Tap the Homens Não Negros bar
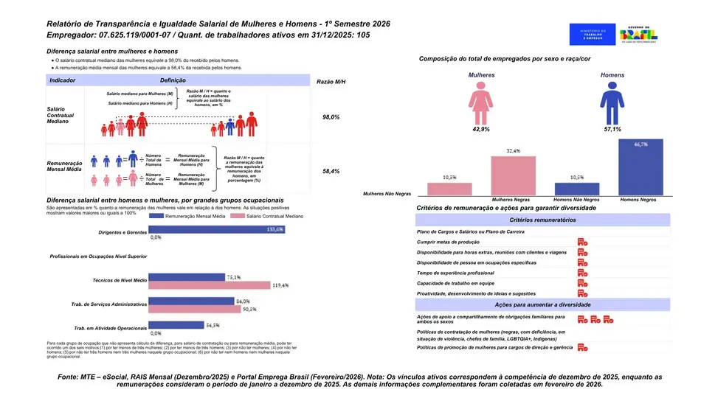(577, 189)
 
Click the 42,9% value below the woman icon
(481, 130)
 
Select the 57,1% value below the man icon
(611, 130)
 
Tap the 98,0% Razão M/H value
(331, 117)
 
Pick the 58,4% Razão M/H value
(331, 171)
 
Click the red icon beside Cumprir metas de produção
(581, 242)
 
